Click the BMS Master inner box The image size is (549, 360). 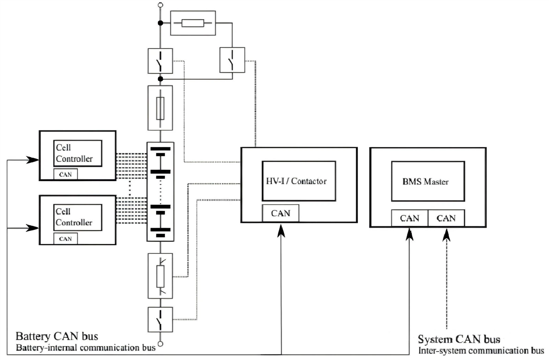pyautogui.click(x=428, y=181)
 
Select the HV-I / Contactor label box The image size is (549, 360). pyautogui.click(x=299, y=181)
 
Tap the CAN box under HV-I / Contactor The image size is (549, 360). pyautogui.click(x=280, y=213)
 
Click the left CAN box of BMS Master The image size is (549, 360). pyautogui.click(x=410, y=218)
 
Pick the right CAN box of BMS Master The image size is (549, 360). pyautogui.click(x=446, y=218)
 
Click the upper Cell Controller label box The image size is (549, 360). pyautogui.click(x=78, y=153)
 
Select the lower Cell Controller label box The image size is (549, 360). pyautogui.click(x=78, y=217)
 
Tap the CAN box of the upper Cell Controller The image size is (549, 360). pyautogui.click(x=66, y=174)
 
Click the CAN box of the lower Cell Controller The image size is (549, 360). pyautogui.click(x=66, y=239)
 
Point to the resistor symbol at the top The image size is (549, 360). pyautogui.click(x=193, y=23)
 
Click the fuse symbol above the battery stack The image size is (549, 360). pyautogui.click(x=160, y=108)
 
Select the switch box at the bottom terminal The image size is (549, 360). pyautogui.click(x=160, y=320)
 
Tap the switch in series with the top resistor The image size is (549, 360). pyautogui.click(x=232, y=60)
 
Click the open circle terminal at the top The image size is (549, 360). pyautogui.click(x=160, y=5)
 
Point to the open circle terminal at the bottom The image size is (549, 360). pyautogui.click(x=160, y=344)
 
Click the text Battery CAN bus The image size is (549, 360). pyautogui.click(x=57, y=336)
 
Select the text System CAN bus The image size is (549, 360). pyautogui.click(x=459, y=339)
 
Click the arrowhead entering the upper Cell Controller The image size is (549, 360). pyautogui.click(x=33, y=160)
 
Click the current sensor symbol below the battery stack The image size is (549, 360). pyautogui.click(x=160, y=276)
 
